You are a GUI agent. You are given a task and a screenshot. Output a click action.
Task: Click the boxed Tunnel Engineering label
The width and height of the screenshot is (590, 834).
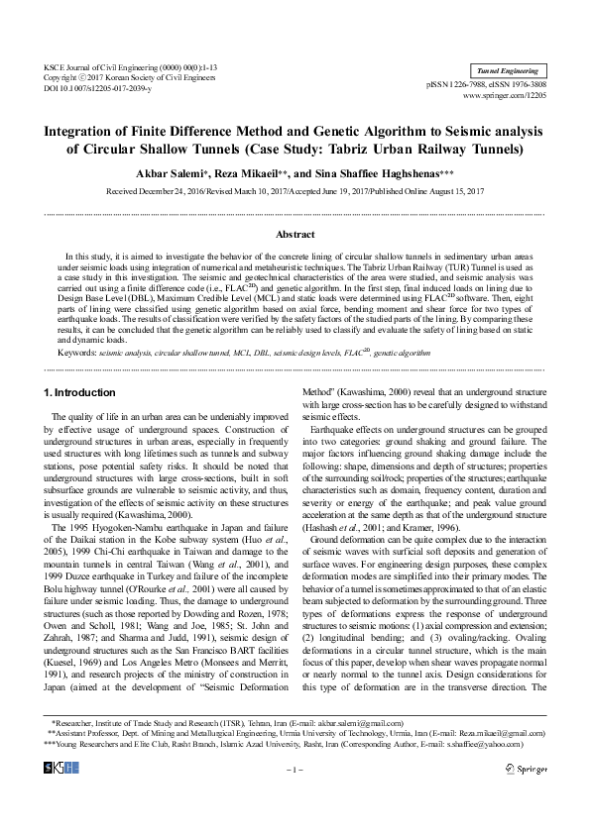pyautogui.click(x=508, y=71)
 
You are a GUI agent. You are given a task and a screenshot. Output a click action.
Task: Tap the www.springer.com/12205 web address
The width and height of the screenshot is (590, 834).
pyautogui.click(x=513, y=97)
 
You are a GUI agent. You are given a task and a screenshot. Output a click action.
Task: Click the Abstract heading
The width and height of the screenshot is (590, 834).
pyautogui.click(x=295, y=234)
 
